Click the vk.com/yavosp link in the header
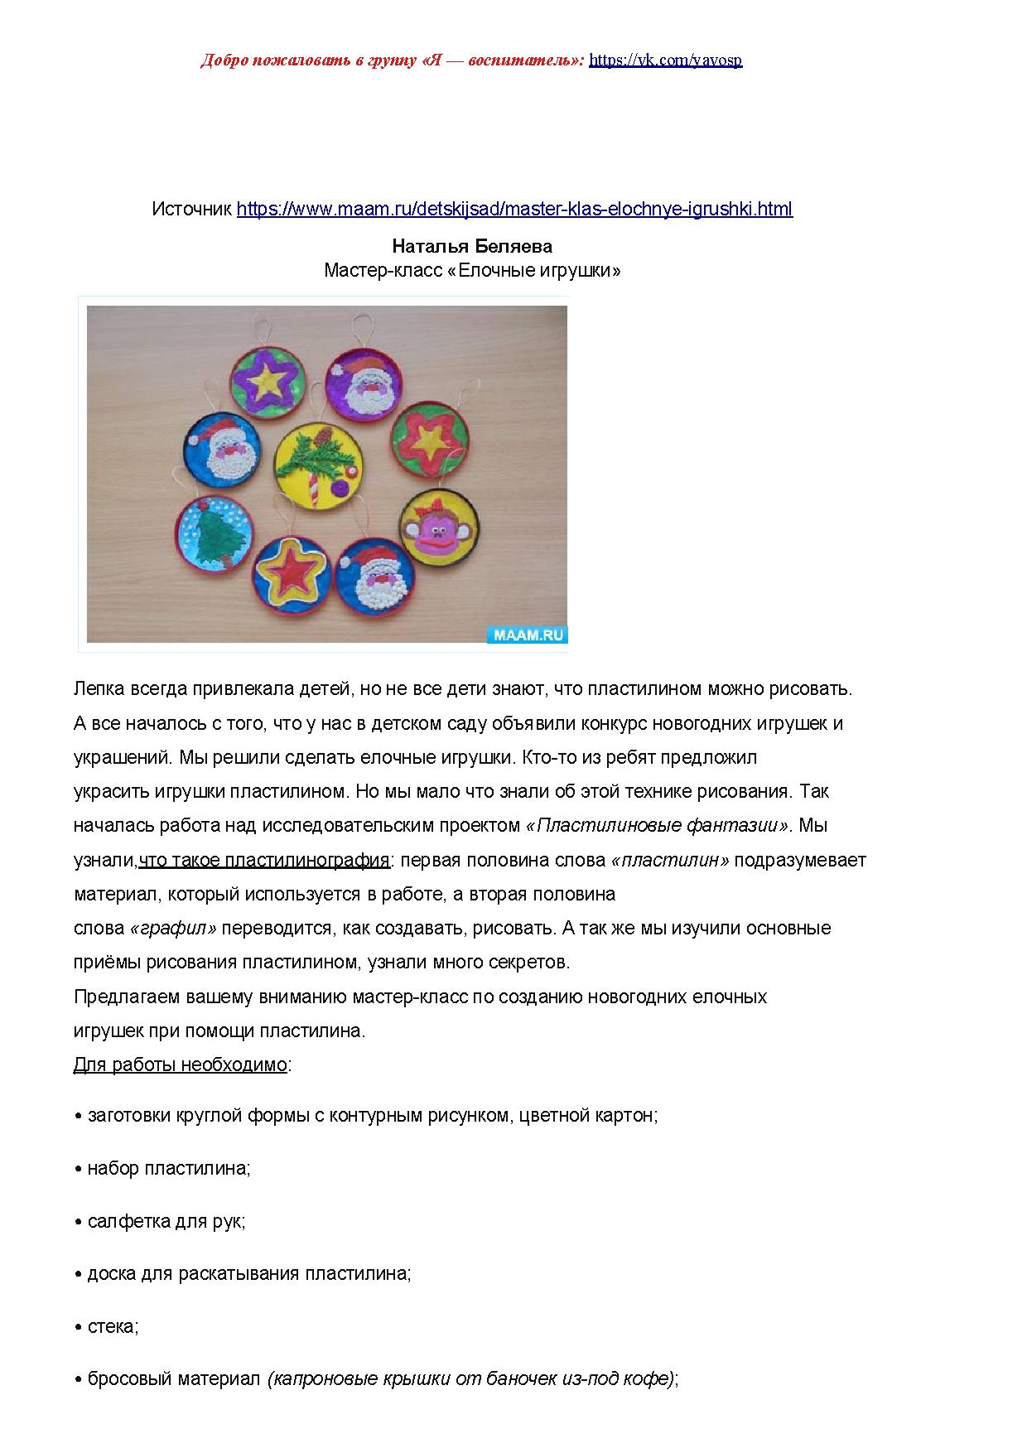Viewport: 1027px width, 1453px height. (665, 60)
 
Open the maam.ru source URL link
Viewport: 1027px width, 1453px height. (514, 209)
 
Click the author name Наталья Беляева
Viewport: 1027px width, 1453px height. (471, 247)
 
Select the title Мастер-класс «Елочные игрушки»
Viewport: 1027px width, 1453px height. (471, 271)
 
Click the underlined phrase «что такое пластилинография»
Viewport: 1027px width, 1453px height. (264, 860)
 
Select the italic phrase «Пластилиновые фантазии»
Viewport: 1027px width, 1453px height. (658, 826)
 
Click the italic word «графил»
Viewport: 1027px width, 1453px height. (174, 929)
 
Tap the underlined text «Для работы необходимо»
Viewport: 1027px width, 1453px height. (180, 1065)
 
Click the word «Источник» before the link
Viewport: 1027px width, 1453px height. (192, 209)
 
